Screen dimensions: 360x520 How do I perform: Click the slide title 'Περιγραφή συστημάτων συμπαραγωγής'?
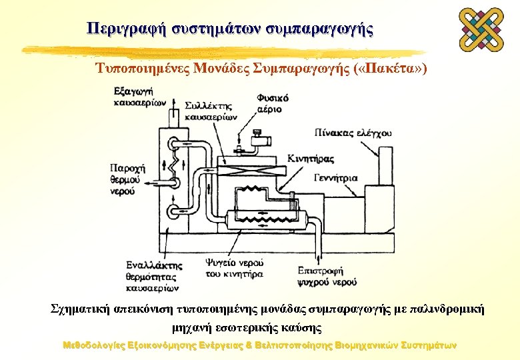click(x=230, y=29)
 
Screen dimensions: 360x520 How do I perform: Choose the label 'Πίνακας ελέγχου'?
click(x=354, y=133)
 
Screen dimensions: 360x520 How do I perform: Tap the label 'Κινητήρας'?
click(x=311, y=157)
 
